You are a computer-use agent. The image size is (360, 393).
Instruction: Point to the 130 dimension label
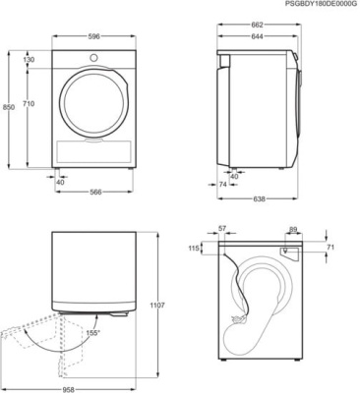pyautogui.click(x=28, y=60)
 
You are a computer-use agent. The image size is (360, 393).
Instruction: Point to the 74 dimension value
pyautogui.click(x=222, y=184)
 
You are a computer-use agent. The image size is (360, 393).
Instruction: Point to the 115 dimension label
pyautogui.click(x=194, y=249)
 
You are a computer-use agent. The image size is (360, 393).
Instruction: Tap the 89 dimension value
pyautogui.click(x=293, y=229)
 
